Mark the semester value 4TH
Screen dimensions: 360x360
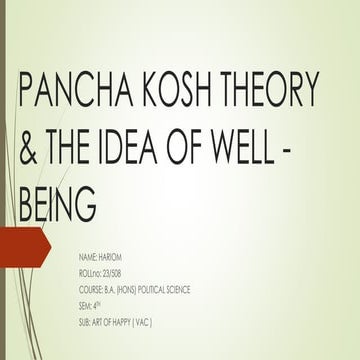click(115, 305)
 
